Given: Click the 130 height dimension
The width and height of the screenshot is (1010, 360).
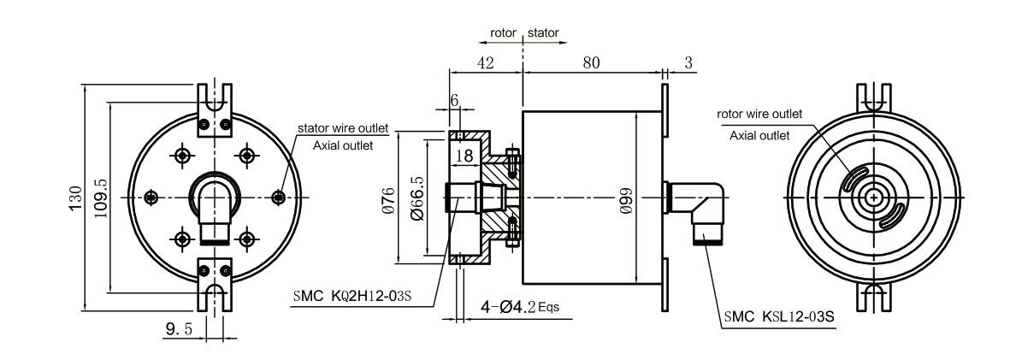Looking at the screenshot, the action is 76,198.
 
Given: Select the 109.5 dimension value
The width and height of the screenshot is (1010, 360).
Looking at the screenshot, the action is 100,198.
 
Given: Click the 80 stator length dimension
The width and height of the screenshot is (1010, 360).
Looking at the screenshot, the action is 591,62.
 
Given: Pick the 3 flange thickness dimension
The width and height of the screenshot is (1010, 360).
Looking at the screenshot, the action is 688,62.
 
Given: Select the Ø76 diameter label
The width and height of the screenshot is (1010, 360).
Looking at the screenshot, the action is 387,199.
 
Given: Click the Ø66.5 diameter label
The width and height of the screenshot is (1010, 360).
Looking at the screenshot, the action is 416,198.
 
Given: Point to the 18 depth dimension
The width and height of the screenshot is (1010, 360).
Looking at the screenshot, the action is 464,156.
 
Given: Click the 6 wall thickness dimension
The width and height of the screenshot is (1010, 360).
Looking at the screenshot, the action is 454,100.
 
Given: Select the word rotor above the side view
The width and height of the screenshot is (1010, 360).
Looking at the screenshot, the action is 503,32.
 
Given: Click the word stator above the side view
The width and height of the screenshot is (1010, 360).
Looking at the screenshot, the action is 544,32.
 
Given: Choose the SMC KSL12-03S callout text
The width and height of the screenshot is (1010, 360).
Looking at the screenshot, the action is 779,316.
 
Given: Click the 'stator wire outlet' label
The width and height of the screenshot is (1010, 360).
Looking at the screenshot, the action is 343,128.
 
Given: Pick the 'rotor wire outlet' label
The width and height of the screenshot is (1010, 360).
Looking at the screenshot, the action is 760,114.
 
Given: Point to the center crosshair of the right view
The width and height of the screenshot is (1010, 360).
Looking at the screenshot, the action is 873,198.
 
